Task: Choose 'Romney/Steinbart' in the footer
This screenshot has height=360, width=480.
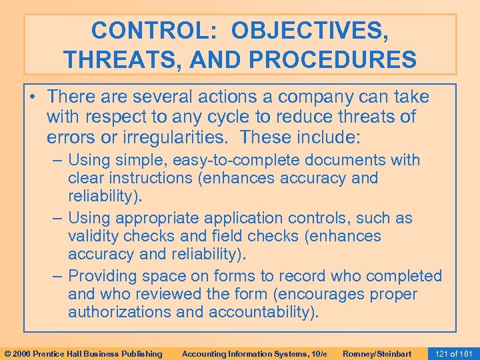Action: point(377,353)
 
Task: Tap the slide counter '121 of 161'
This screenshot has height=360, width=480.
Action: point(454,353)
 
